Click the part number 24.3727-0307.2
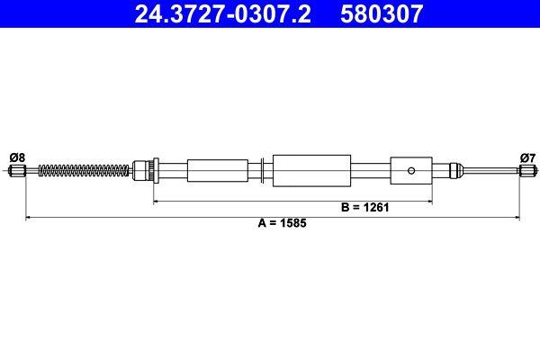(223, 13)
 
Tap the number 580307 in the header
(382, 13)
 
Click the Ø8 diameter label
(17, 157)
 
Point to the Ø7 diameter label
(528, 157)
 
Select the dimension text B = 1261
(365, 207)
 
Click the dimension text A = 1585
(282, 223)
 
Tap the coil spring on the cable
(84, 170)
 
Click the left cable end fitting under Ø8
(17, 170)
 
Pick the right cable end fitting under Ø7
(528, 170)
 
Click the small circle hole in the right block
(411, 170)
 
